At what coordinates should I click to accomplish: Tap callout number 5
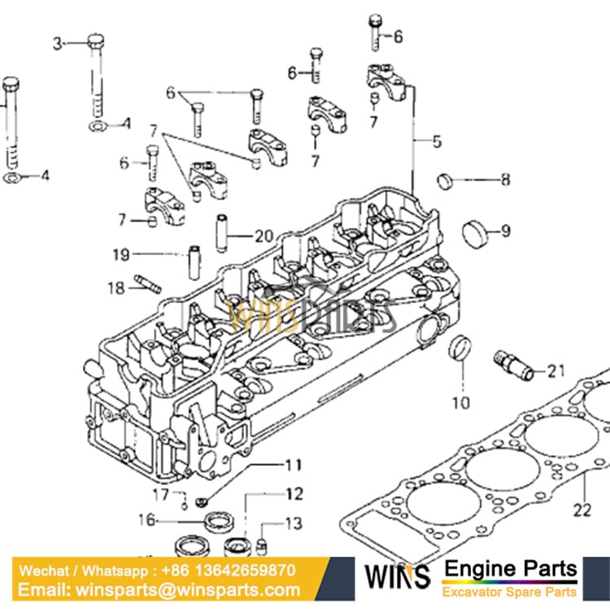coord(437,142)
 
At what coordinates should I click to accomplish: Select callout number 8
coord(505,180)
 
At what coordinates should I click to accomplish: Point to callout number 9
coord(506,231)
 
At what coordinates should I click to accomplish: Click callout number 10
coord(460,401)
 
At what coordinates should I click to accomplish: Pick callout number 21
coord(556,371)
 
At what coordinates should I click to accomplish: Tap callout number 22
coord(582,510)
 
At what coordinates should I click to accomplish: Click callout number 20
coord(264,237)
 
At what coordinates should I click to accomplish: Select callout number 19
coord(120,255)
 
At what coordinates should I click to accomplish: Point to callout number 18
coord(115,287)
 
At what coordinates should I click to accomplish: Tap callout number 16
coord(146,520)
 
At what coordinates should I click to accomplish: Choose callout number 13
coord(293,524)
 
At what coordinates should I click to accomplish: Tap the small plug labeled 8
coord(447,179)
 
